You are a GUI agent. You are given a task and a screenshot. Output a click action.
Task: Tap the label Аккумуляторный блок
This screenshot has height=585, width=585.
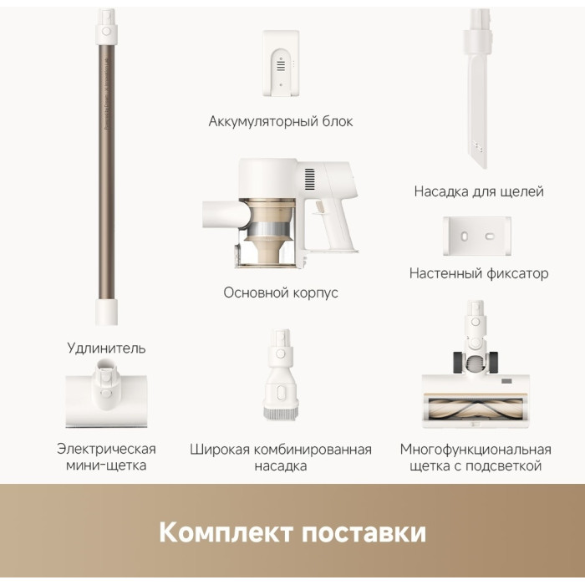click(281, 122)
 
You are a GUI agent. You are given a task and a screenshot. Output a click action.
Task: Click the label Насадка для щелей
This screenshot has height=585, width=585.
click(479, 192)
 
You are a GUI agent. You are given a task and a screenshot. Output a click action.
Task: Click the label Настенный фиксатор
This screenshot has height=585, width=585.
click(479, 273)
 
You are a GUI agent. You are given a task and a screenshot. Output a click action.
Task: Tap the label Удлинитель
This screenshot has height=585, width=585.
click(106, 348)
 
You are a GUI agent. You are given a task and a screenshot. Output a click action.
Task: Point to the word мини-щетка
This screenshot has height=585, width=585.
click(106, 465)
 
